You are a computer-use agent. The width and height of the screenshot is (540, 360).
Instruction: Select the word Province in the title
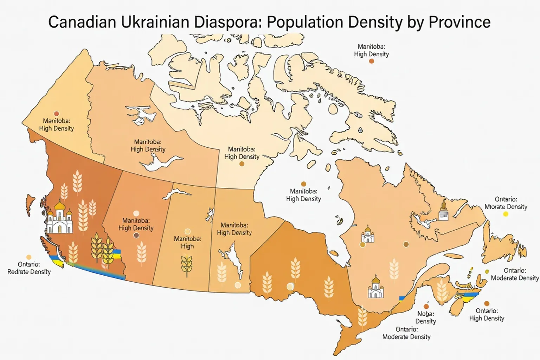pos(459,22)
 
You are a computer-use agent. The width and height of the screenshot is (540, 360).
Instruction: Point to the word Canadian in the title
pos(82,22)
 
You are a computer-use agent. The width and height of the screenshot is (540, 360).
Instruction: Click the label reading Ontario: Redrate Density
pos(29,268)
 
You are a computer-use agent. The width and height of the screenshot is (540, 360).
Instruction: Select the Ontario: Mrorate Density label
pos(506,203)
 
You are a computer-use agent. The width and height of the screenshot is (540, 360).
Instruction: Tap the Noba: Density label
pos(425,317)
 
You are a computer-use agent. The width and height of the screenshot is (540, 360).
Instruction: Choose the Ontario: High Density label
pos(487,314)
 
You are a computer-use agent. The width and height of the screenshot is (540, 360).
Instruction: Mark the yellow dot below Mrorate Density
pos(506,214)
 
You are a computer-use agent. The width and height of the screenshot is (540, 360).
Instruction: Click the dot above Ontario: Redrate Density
pos(29,257)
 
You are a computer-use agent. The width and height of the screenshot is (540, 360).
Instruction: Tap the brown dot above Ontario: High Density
pos(487,303)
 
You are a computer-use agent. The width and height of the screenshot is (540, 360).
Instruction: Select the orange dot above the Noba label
pos(426,307)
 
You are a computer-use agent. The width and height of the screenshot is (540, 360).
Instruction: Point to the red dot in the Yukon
pos(56,114)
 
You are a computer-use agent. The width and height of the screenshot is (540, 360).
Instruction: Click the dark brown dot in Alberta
pos(136,236)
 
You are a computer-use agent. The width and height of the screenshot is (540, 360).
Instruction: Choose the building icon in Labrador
pos(443,212)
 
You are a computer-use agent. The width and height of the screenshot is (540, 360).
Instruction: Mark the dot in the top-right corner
pos(371,61)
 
